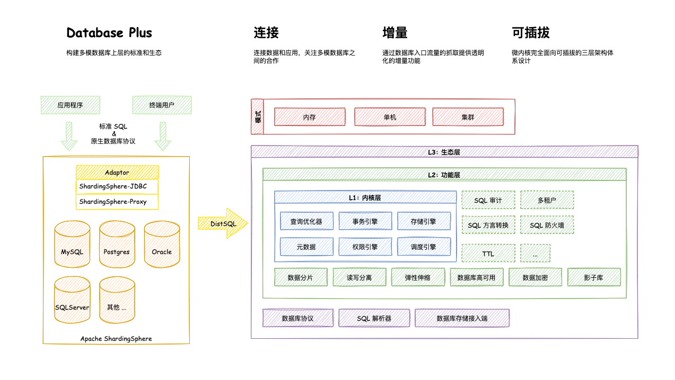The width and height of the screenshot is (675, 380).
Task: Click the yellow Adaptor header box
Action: pos(117,173)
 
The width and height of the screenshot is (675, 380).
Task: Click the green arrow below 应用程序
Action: pos(69,136)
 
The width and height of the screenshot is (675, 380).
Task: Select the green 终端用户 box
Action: pos(162,105)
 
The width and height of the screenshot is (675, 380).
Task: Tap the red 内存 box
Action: pos(310,117)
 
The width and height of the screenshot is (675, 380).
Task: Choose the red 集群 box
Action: pos(468,117)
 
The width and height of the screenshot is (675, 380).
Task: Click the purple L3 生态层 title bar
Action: pos(444,152)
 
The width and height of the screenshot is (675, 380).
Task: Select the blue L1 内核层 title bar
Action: pos(365,197)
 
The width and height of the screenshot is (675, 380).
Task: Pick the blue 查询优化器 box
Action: pos(307,221)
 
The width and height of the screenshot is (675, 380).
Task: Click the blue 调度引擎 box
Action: pos(424,247)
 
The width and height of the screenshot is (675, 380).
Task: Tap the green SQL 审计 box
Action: pos(488,200)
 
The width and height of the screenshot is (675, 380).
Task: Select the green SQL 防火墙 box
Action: pos(547,225)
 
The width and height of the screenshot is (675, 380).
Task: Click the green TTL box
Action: pos(488,254)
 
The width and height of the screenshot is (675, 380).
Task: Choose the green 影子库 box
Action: pos(594,277)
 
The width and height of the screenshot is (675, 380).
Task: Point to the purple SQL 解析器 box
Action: pos(374,318)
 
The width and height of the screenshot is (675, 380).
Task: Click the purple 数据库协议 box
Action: pos(299,318)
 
